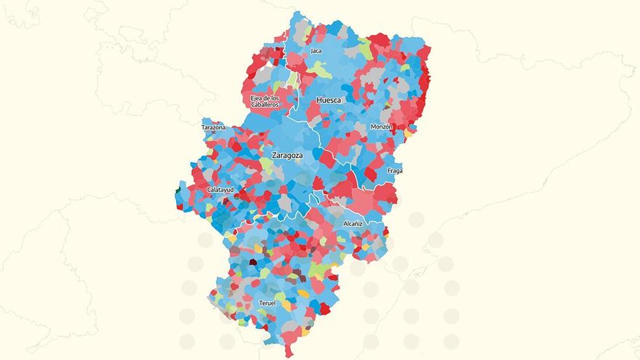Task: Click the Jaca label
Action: click(x=316, y=51)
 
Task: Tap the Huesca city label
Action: click(x=329, y=100)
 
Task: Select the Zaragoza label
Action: click(x=287, y=156)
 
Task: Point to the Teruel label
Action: click(x=268, y=303)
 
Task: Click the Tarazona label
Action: click(x=213, y=127)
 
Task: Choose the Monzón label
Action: click(x=382, y=127)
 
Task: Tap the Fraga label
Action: click(x=395, y=171)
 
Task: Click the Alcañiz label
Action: click(x=353, y=224)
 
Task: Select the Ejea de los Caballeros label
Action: click(x=265, y=101)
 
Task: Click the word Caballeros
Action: click(x=265, y=105)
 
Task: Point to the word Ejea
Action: click(x=256, y=97)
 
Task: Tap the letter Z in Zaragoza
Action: click(x=273, y=156)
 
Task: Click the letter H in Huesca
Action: click(x=319, y=100)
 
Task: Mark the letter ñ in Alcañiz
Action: click(x=356, y=224)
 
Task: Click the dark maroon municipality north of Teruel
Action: click(x=253, y=262)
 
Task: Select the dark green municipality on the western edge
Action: click(x=178, y=192)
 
